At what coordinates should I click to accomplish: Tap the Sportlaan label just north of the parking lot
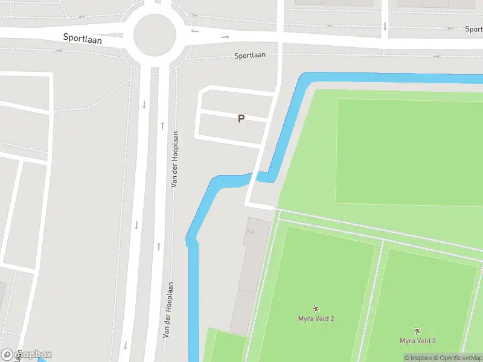pyautogui.click(x=250, y=56)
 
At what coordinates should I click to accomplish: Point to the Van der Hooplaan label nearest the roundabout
pyautogui.click(x=175, y=159)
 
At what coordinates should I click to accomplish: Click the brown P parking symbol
pyautogui.click(x=241, y=119)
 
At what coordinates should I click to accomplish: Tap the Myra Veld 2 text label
pyautogui.click(x=316, y=319)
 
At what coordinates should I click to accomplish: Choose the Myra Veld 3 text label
pyautogui.click(x=417, y=341)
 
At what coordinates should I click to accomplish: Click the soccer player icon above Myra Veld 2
pyautogui.click(x=316, y=309)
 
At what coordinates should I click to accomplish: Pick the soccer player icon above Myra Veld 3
pyautogui.click(x=417, y=331)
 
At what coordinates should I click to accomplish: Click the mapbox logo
pyautogui.click(x=27, y=354)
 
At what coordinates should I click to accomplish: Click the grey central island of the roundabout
pyautogui.click(x=154, y=34)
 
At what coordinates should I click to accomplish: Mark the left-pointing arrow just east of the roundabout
pyautogui.click(x=194, y=31)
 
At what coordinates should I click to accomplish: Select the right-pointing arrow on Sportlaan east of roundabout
pyautogui.click(x=225, y=37)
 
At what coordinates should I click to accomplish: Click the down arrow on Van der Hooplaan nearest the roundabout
pyautogui.click(x=144, y=104)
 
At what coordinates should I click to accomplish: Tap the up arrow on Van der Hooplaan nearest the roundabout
pyautogui.click(x=162, y=125)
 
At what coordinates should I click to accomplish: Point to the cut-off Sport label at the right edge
pyautogui.click(x=473, y=29)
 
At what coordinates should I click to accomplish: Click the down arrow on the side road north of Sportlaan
pyautogui.click(x=385, y=26)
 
